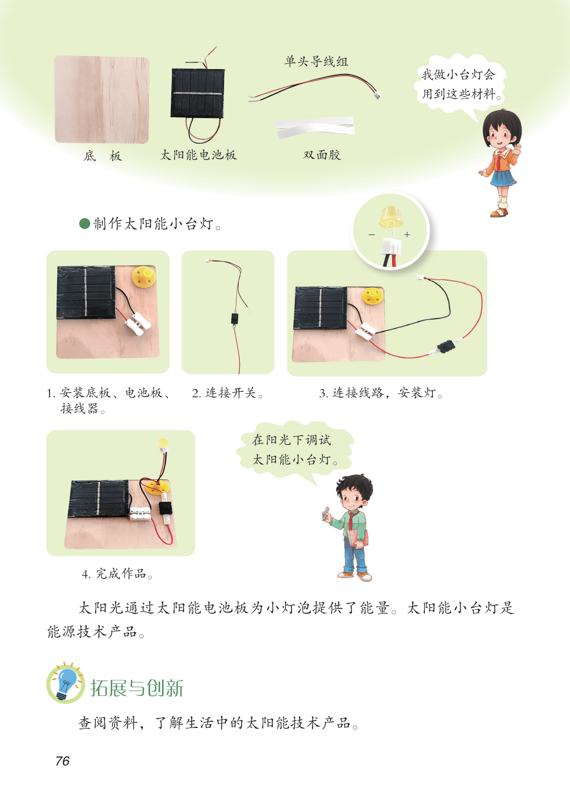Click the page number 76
(62, 761)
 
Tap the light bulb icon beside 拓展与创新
(65, 683)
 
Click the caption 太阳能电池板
(198, 155)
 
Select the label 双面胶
(321, 155)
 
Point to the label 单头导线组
(316, 61)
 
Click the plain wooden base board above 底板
(102, 100)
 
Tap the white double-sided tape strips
(315, 127)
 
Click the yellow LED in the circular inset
(391, 217)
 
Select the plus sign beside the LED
(407, 235)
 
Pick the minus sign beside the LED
(372, 235)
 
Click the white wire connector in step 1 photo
(138, 324)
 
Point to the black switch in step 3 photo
(446, 346)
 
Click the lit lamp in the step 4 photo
(163, 445)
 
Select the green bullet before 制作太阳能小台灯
(84, 224)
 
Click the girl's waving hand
(517, 148)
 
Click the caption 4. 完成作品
(117, 573)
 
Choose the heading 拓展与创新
(137, 688)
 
